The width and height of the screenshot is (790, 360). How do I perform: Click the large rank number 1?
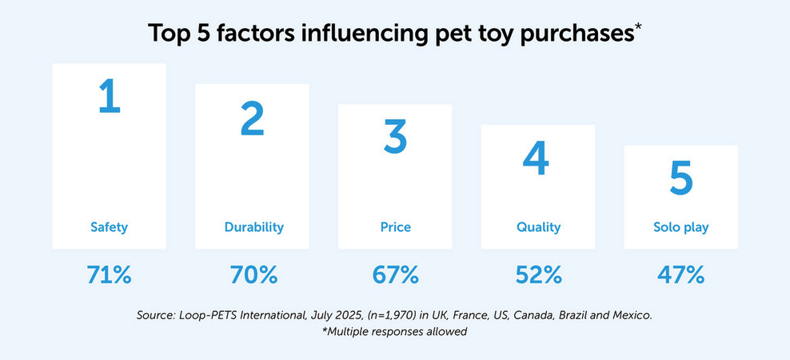pyautogui.click(x=109, y=97)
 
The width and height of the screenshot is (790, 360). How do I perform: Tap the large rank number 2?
pyautogui.click(x=252, y=118)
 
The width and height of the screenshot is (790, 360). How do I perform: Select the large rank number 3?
pyautogui.click(x=395, y=137)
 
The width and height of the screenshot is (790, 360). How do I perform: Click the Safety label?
pyautogui.click(x=109, y=227)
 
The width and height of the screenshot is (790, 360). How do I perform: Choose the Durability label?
pyautogui.click(x=253, y=227)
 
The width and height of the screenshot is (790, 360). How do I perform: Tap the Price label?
pyautogui.click(x=395, y=227)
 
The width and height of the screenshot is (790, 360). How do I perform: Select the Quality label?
pyautogui.click(x=538, y=227)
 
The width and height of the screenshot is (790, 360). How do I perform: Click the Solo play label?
pyautogui.click(x=680, y=227)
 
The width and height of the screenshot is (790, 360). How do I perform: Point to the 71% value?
pyautogui.click(x=109, y=275)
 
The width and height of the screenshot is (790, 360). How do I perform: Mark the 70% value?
pyautogui.click(x=252, y=275)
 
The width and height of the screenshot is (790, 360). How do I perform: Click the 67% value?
pyautogui.click(x=395, y=275)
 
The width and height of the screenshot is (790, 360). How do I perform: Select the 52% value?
pyautogui.click(x=538, y=275)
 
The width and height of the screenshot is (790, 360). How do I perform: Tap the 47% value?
pyautogui.click(x=680, y=275)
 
